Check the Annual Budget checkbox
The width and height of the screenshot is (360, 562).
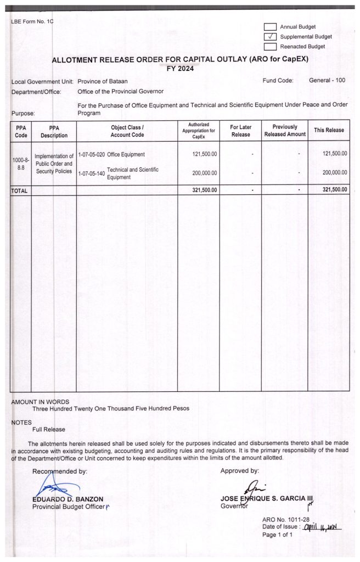click(270, 26)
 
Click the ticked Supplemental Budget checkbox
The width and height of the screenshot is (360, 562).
click(270, 36)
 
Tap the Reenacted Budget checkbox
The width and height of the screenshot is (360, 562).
click(270, 46)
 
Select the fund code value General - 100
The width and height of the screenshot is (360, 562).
click(327, 80)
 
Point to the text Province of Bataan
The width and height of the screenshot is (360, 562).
click(103, 81)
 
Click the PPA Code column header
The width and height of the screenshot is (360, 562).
click(21, 131)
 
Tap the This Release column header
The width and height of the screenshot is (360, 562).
click(329, 130)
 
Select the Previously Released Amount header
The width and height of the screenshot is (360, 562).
click(285, 131)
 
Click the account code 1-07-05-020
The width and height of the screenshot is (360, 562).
click(91, 154)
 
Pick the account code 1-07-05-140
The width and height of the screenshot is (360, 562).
click(91, 173)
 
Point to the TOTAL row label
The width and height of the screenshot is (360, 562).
click(20, 190)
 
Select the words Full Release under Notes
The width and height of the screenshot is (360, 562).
click(49, 429)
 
